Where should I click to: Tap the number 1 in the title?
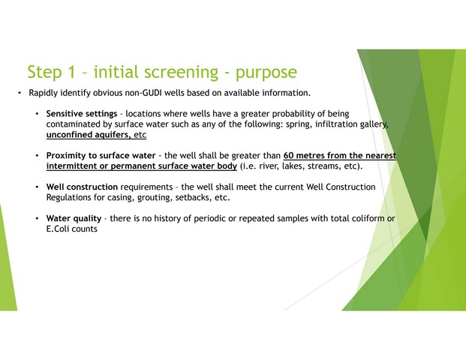(71, 72)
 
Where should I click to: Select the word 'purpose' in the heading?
(266, 73)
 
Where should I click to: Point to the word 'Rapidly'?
(43, 93)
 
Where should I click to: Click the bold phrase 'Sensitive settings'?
(82, 114)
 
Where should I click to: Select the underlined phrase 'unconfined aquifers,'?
(89, 135)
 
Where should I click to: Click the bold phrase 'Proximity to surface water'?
(101, 156)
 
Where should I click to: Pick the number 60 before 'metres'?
(288, 156)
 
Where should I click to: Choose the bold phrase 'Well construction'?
(82, 187)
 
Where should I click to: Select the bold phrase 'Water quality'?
(74, 218)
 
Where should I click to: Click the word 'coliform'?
(368, 218)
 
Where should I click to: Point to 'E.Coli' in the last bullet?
(58, 229)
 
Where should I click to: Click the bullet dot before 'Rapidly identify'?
(20, 93)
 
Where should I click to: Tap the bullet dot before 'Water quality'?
(38, 218)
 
